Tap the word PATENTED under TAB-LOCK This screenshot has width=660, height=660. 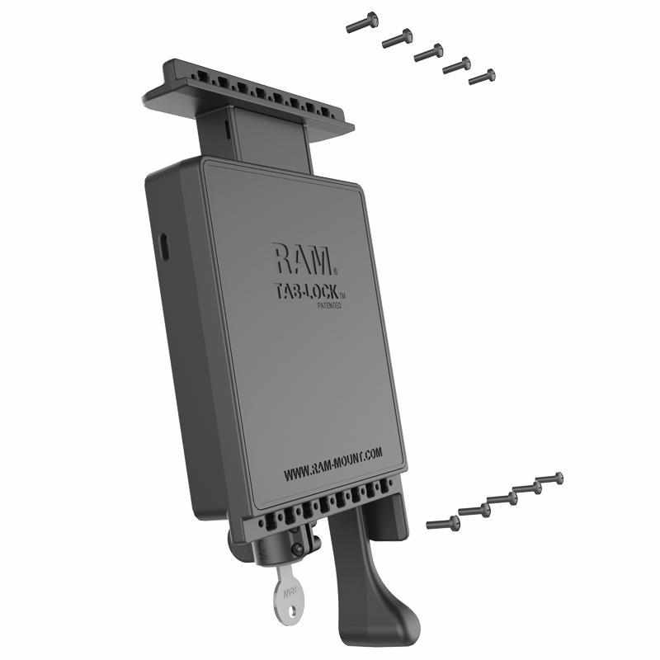[328, 304]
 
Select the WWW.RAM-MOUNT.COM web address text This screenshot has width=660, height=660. [332, 464]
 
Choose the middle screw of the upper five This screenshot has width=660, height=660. [428, 52]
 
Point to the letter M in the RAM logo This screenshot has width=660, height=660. [323, 261]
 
